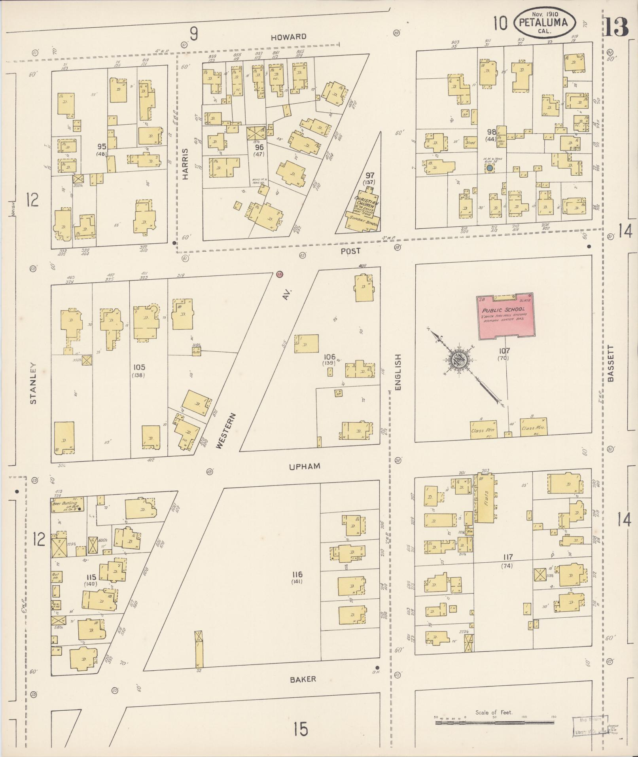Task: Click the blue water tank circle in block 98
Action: click(x=490, y=168)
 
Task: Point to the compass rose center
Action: click(x=459, y=360)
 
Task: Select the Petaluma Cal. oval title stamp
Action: click(x=545, y=23)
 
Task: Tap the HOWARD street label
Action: click(x=289, y=37)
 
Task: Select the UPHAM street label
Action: click(x=304, y=466)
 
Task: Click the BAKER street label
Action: click(x=303, y=679)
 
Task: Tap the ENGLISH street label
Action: click(x=398, y=372)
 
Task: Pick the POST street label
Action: click(x=351, y=251)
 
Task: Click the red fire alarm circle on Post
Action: click(x=280, y=274)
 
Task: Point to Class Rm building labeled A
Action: click(x=483, y=428)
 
